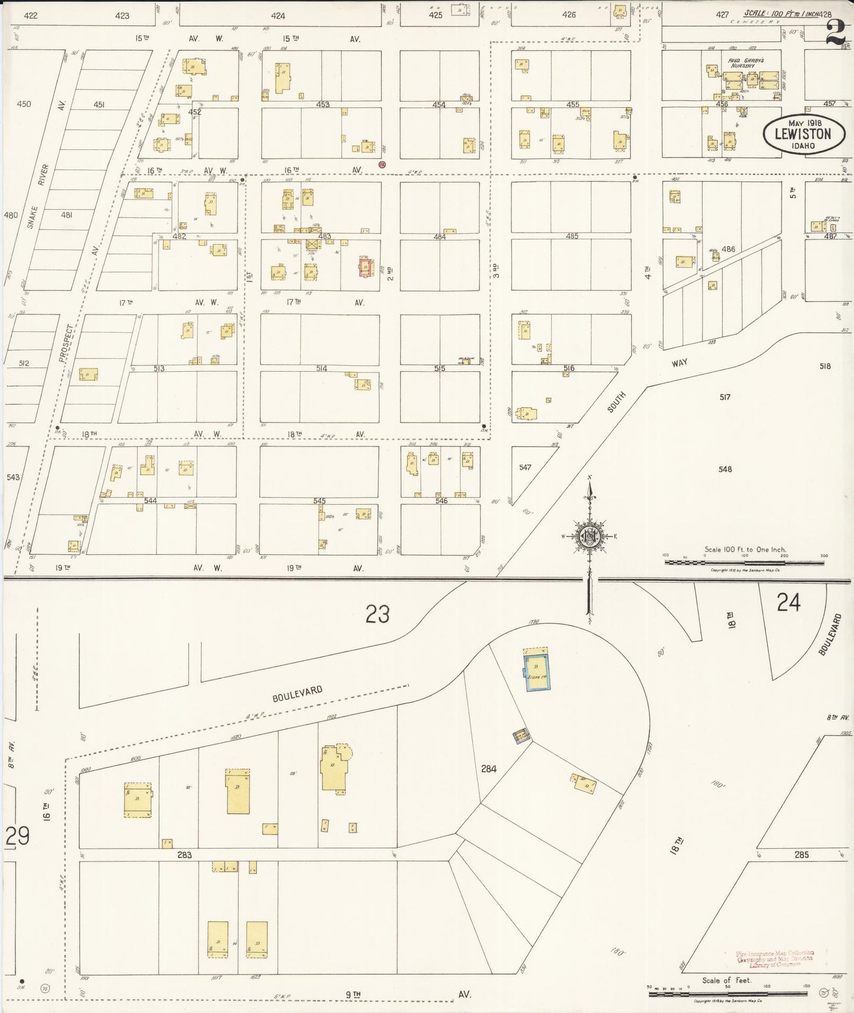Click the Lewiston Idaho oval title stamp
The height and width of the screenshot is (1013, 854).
803,134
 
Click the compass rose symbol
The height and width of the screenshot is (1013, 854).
589,536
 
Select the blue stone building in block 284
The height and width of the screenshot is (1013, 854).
538,671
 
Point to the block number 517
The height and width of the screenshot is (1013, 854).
725,397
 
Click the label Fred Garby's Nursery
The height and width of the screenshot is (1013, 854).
742,63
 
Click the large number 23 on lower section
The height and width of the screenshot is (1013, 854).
377,615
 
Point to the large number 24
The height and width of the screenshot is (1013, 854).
788,603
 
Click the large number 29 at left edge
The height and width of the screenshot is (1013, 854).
17,837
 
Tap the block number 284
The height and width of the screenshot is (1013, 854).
488,769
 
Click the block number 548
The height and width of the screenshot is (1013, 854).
725,469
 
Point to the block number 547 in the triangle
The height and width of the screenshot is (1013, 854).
525,467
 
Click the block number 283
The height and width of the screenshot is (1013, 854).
184,855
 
